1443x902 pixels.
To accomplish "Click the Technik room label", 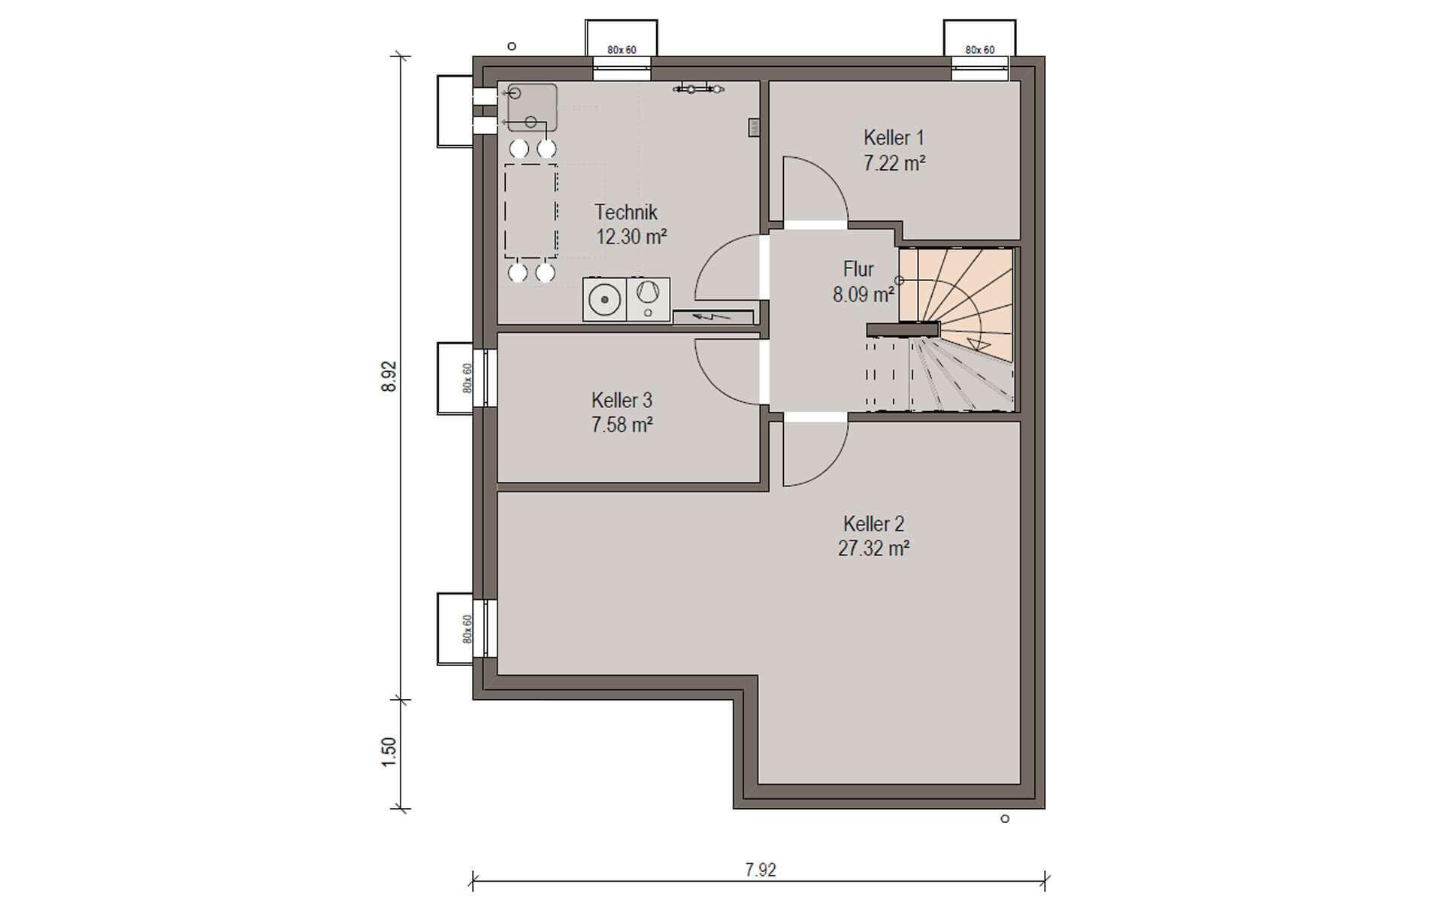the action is point(626,212).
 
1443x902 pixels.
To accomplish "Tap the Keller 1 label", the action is point(894,138).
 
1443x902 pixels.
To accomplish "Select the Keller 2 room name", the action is point(873,523).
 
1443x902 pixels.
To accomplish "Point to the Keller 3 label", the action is point(622,400).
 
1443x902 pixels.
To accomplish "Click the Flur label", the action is point(858,269).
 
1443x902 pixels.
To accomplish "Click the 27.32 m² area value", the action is point(873,548).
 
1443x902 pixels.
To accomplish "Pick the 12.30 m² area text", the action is point(631,237).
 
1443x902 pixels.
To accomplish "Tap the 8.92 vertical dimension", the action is point(389,377).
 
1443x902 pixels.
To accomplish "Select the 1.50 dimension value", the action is point(389,752).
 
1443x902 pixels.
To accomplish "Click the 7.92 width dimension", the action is point(761,870).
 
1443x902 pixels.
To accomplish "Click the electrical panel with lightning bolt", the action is point(713,316).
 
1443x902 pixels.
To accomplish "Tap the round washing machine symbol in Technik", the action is point(604,300).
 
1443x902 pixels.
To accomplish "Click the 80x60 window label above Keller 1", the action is point(980,50).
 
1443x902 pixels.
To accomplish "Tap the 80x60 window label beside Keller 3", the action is point(467,378).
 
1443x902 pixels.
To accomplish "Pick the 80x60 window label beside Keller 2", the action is point(467,629).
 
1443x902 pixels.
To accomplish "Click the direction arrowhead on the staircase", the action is point(977,344).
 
